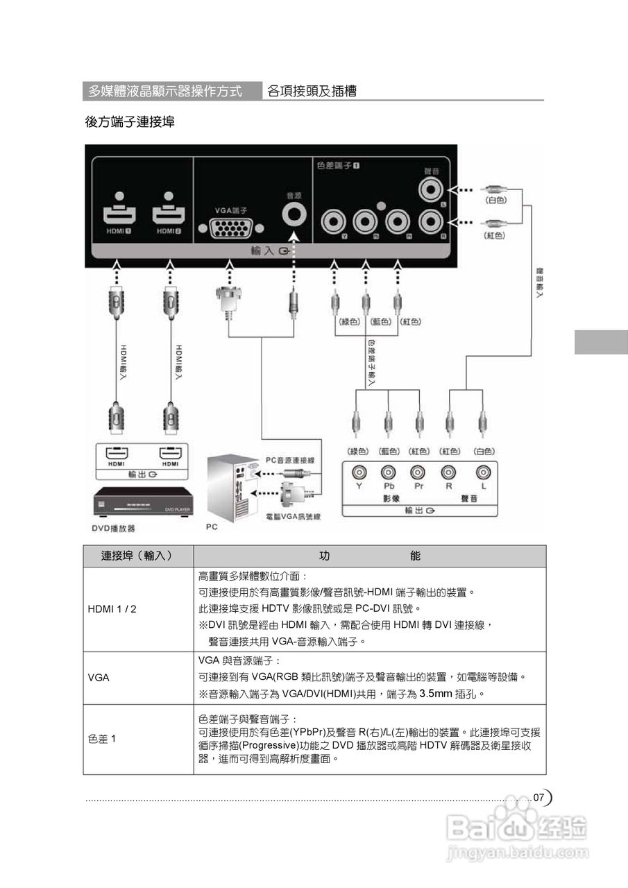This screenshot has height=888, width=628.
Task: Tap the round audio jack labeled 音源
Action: point(294,214)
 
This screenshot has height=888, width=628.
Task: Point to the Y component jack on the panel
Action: point(334,222)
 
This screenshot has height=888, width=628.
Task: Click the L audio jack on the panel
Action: point(432,189)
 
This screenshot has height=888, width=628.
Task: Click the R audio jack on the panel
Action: point(432,222)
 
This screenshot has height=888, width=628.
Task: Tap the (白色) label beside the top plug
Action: point(495,200)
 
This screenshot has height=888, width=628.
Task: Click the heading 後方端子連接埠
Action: point(129,122)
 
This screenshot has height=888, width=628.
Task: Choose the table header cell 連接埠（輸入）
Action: point(137,556)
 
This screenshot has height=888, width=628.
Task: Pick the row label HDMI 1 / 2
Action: point(112,609)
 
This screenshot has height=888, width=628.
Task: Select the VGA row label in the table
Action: point(99,677)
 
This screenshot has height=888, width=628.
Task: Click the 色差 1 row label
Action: point(102,739)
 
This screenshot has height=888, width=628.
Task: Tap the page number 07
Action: point(539,798)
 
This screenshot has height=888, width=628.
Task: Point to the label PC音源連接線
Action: point(290,460)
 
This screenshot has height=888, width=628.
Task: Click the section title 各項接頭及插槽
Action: point(312,92)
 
